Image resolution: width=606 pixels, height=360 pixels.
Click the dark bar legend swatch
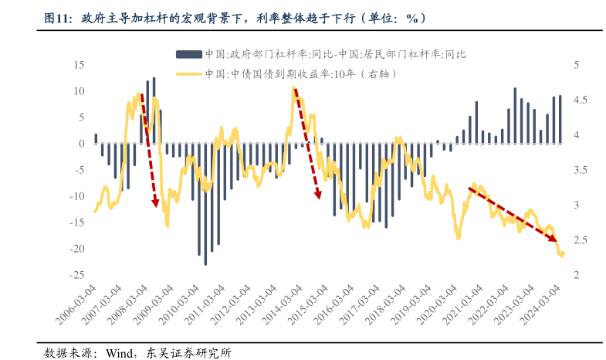(188, 54)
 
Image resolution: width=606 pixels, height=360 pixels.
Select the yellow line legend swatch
(188, 74)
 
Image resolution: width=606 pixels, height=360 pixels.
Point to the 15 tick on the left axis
(79, 65)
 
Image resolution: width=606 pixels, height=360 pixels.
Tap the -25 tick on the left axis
(76, 276)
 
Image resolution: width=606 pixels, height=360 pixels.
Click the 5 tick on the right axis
(576, 65)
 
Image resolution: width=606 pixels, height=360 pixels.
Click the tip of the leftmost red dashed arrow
(156, 206)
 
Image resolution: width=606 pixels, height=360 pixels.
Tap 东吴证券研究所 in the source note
(185, 353)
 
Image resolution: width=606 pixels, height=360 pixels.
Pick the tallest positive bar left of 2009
(154, 110)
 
